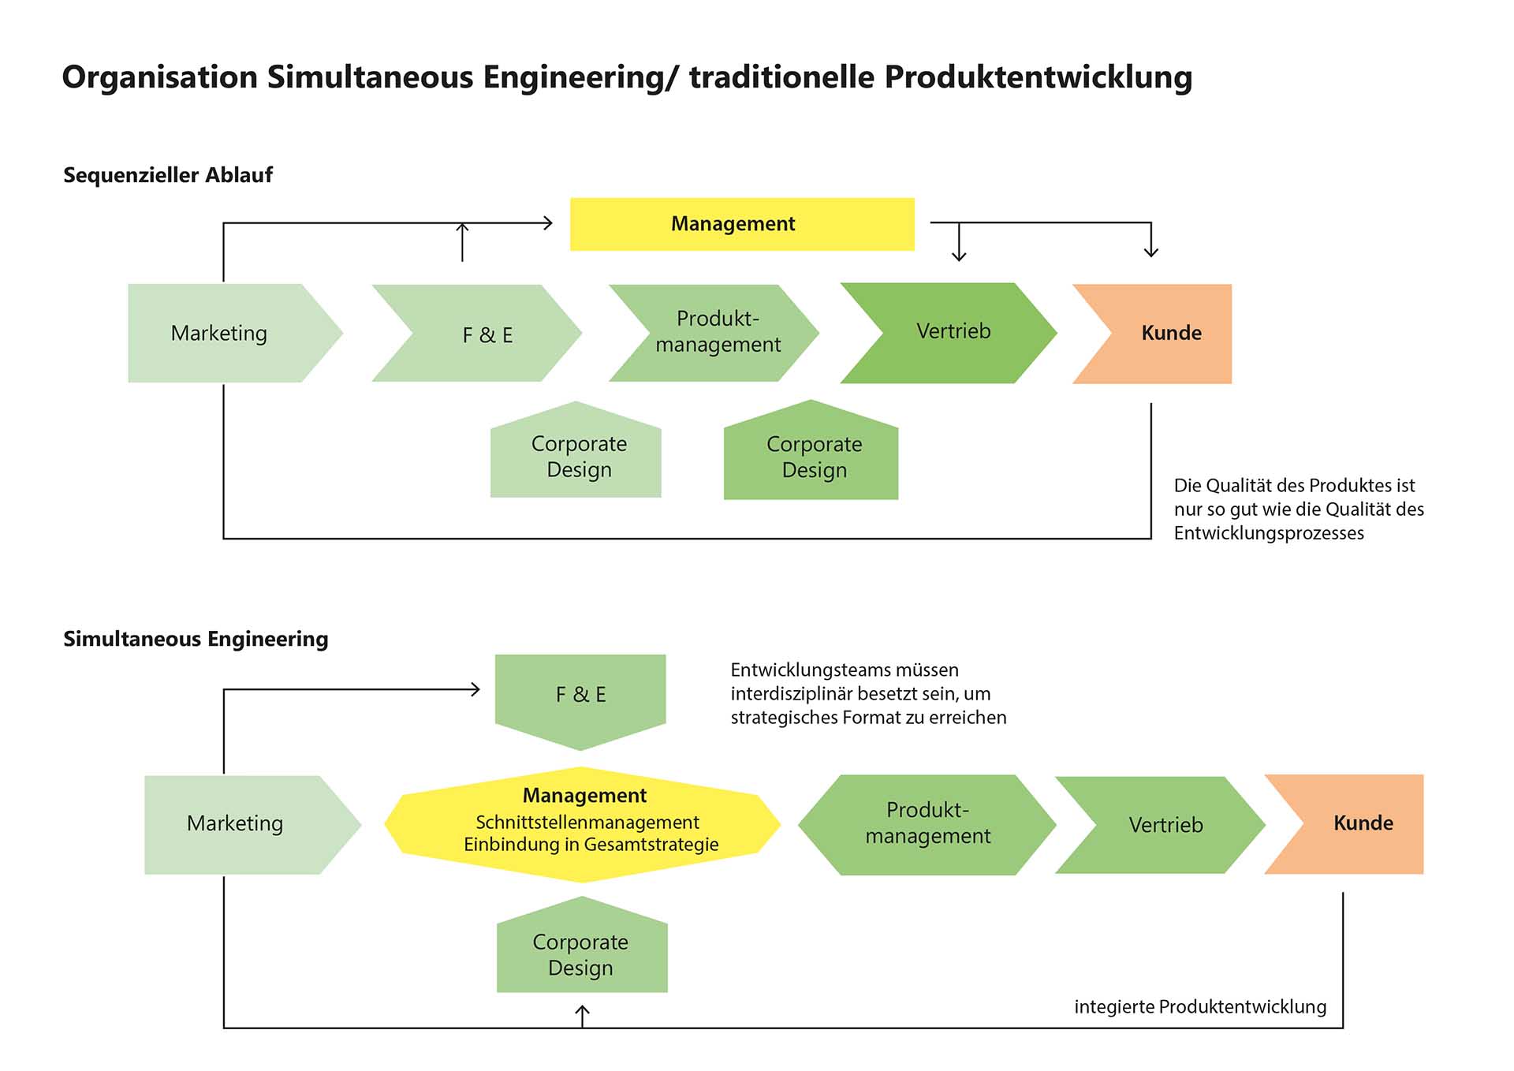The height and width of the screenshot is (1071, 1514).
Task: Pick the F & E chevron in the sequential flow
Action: [x=485, y=334]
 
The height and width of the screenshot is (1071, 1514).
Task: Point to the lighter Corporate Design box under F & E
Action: [x=576, y=456]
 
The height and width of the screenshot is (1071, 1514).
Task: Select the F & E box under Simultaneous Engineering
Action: [x=580, y=695]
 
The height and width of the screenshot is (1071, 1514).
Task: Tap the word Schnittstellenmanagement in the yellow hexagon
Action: [x=587, y=823]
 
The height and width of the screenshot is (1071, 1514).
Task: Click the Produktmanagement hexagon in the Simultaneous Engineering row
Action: [x=927, y=824]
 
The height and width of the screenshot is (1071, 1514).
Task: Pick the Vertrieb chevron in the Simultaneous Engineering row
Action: [x=1164, y=825]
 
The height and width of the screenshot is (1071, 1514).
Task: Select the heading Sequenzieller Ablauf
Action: [x=168, y=175]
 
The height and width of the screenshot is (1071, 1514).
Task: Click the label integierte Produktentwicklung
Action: [x=1199, y=1007]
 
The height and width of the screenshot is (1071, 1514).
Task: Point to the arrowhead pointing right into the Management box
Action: [x=548, y=223]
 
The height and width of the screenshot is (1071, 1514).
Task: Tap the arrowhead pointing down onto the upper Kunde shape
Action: [x=1151, y=252]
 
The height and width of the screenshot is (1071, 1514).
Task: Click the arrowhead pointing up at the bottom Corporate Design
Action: [x=582, y=1010]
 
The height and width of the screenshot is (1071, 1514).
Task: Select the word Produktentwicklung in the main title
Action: [x=1038, y=77]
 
